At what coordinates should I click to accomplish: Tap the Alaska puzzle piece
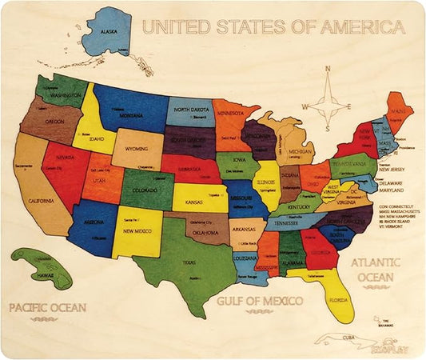pos(106,32)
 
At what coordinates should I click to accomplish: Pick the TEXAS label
pos(188,262)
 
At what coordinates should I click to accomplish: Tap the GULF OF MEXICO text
pos(259,301)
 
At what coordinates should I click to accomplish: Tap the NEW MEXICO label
pos(137,231)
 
